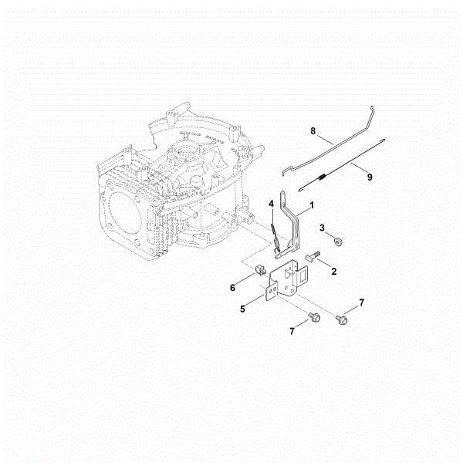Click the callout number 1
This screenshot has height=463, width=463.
311,206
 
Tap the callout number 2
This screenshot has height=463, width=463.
333,272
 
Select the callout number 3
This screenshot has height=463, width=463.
323,229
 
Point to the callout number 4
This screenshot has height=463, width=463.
272,204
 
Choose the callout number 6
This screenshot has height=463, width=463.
233,287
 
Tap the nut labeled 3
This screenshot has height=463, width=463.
337,242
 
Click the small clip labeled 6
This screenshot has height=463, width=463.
259,270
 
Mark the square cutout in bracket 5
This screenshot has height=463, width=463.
304,272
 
